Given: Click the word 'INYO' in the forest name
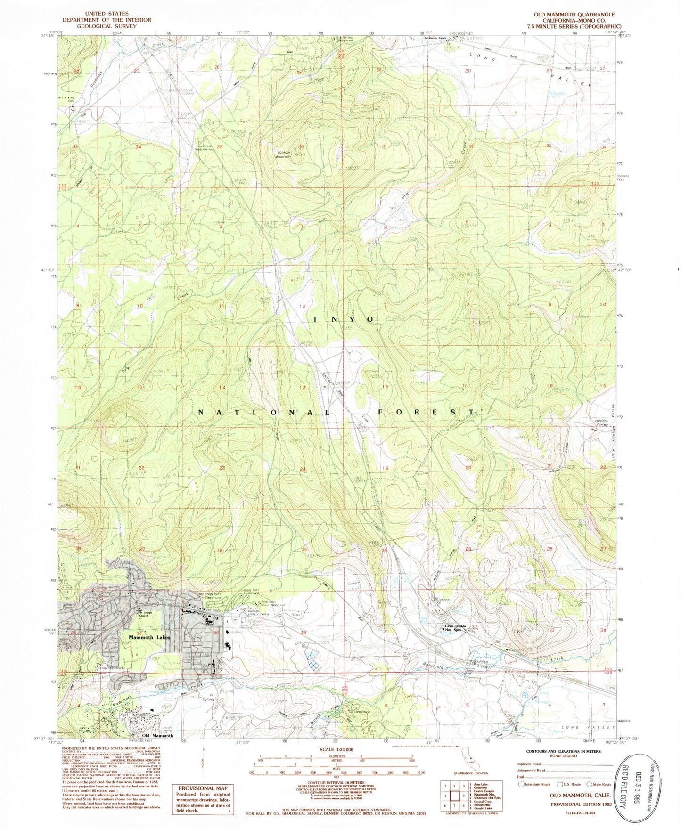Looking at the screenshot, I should click(x=344, y=319).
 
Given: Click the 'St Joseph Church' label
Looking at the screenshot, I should click(x=144, y=613).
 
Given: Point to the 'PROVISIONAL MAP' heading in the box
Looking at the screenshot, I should click(x=202, y=788).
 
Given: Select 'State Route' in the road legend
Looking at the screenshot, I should click(x=601, y=784).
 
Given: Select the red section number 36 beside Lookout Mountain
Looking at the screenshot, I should click(x=301, y=146).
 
